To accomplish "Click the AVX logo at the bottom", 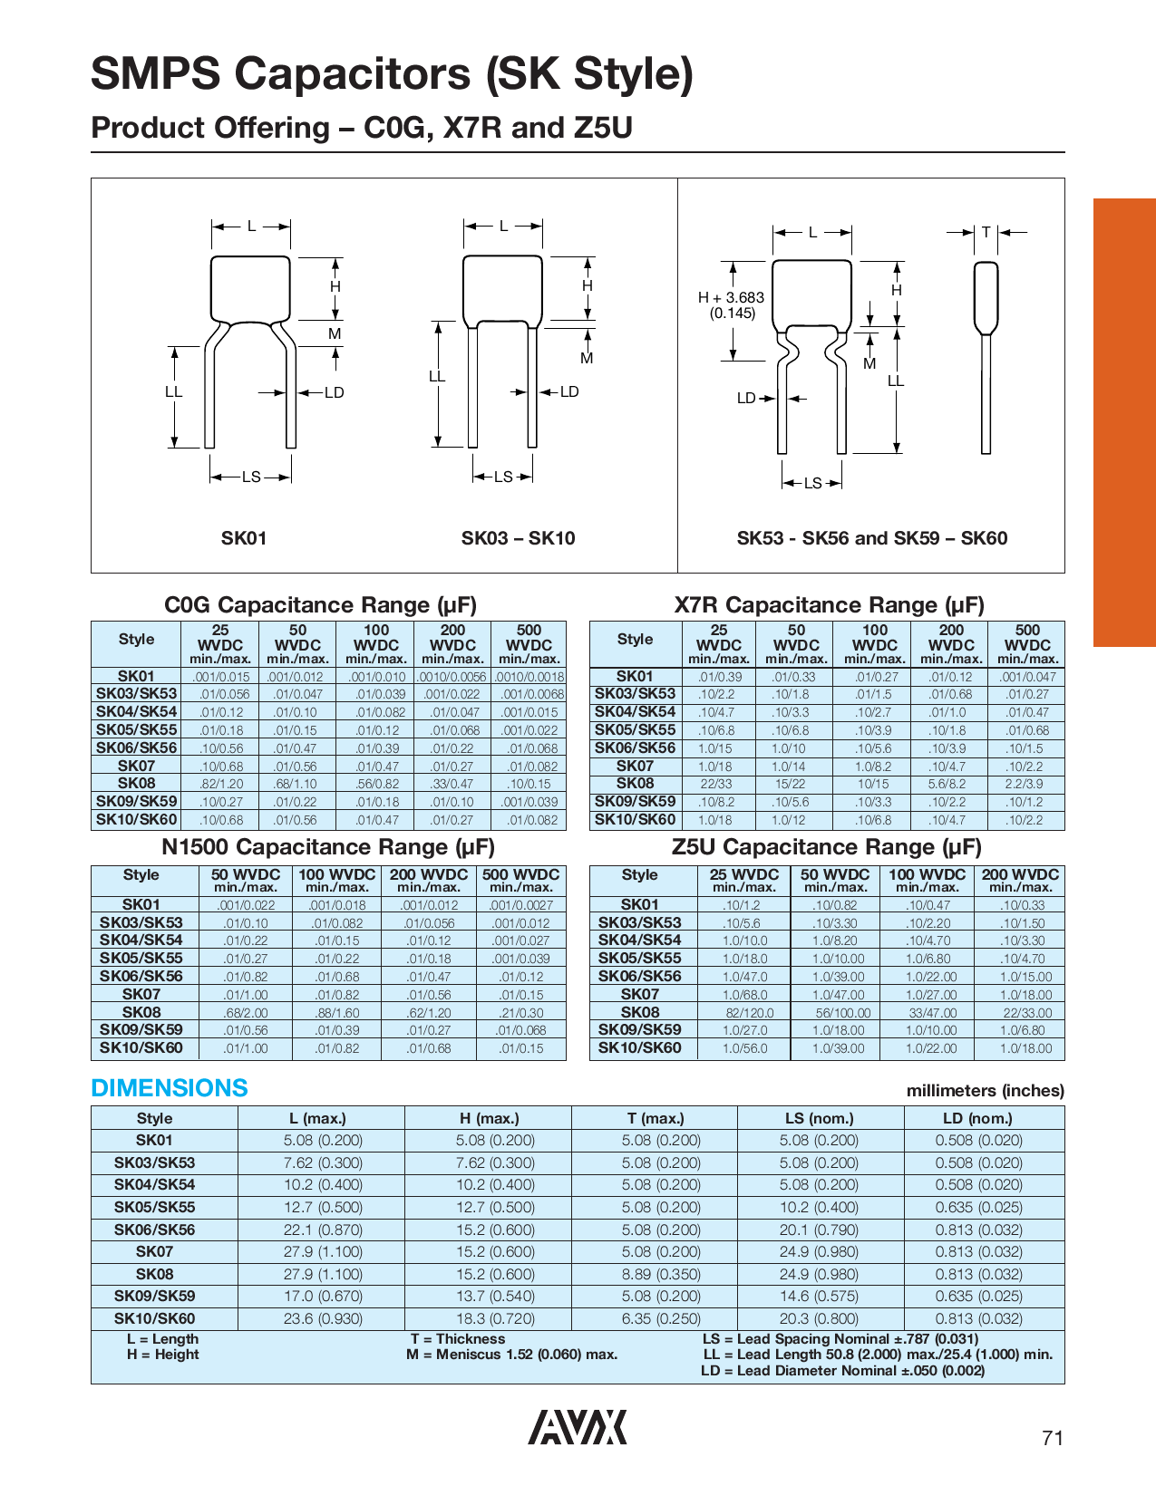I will [578, 1427].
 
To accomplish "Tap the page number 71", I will [1052, 1438].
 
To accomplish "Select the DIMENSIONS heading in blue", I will [170, 1088].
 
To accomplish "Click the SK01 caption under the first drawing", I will [244, 538].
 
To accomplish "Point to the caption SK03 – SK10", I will [518, 538].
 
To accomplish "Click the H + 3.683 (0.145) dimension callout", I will [731, 305].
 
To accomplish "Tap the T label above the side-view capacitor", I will [986, 233].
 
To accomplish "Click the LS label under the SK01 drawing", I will [251, 477].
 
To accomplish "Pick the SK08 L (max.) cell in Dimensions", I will [323, 1274].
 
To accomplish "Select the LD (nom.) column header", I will [978, 1118].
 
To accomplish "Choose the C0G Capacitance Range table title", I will [320, 605].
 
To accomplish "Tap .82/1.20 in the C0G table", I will [220, 784].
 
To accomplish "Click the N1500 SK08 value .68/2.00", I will [245, 1013].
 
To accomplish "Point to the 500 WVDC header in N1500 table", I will [520, 875].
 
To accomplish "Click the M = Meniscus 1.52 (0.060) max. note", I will [512, 1355].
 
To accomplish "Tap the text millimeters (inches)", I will [985, 1091].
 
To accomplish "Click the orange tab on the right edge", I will [1124, 421].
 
